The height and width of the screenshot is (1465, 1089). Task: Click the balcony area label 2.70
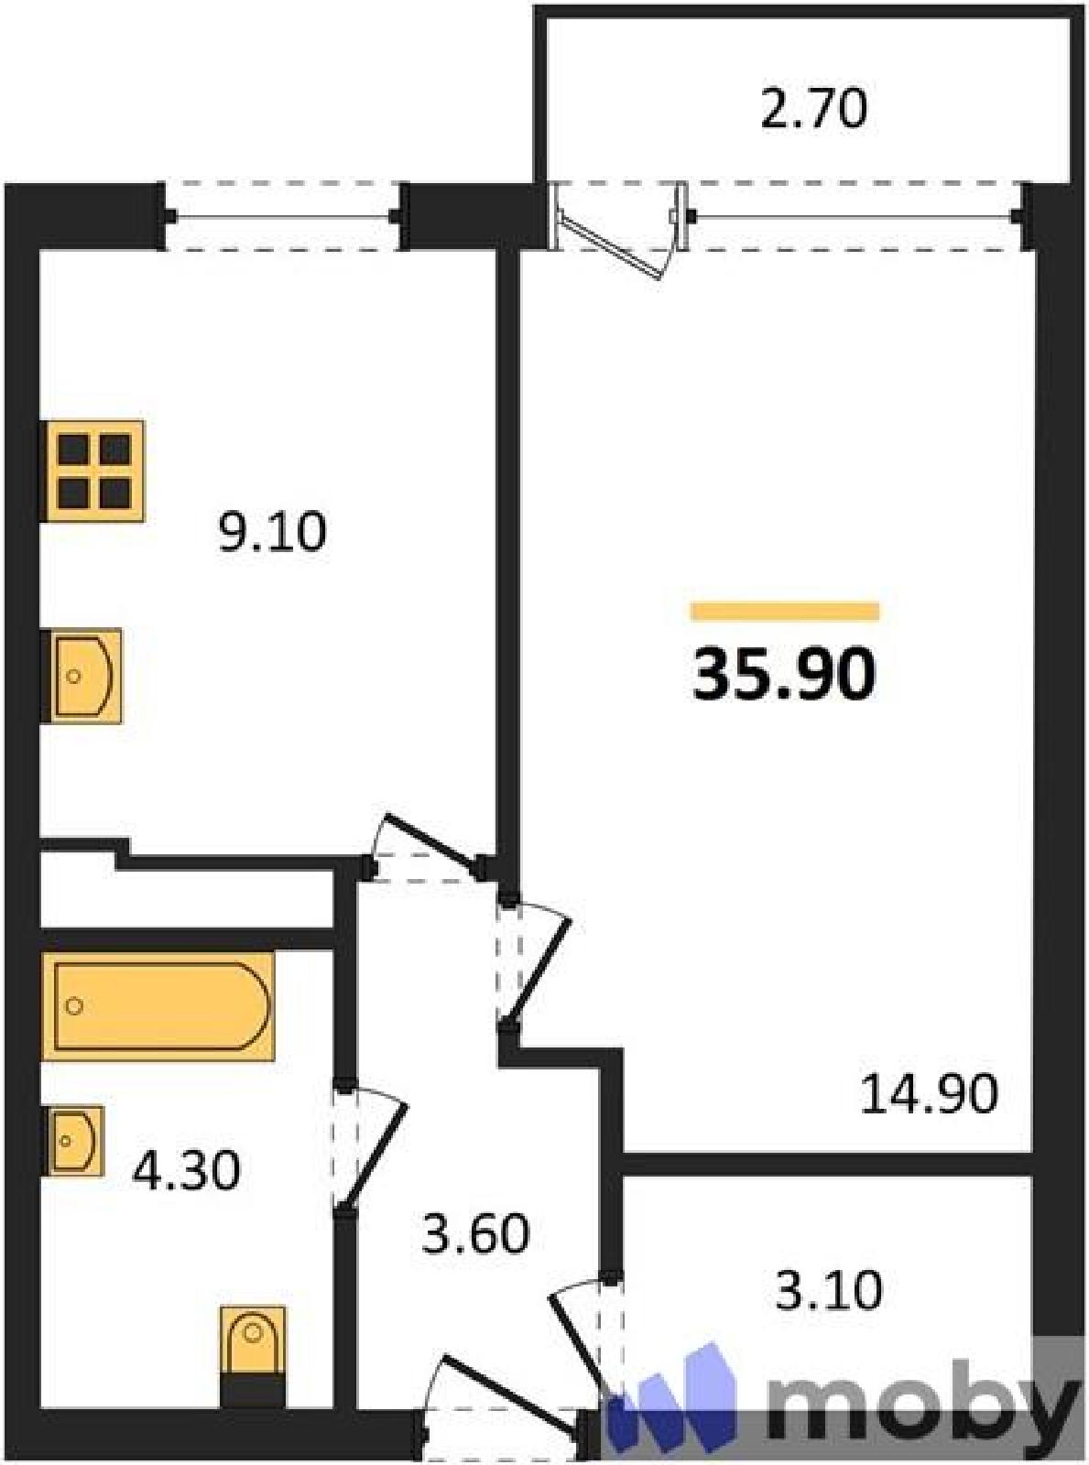[x=814, y=109]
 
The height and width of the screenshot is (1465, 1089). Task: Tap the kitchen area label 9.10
[x=272, y=532]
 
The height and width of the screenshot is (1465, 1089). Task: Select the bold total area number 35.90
[x=785, y=675]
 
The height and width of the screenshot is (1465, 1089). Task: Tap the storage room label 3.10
[x=829, y=1290]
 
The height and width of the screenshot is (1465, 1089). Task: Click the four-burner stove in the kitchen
[x=93, y=471]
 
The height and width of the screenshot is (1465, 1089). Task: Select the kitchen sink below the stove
[x=82, y=676]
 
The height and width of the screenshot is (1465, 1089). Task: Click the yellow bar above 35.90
[x=785, y=611]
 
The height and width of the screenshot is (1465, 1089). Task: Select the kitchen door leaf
[x=430, y=839]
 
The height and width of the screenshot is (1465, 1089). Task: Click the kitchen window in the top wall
[x=282, y=217]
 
